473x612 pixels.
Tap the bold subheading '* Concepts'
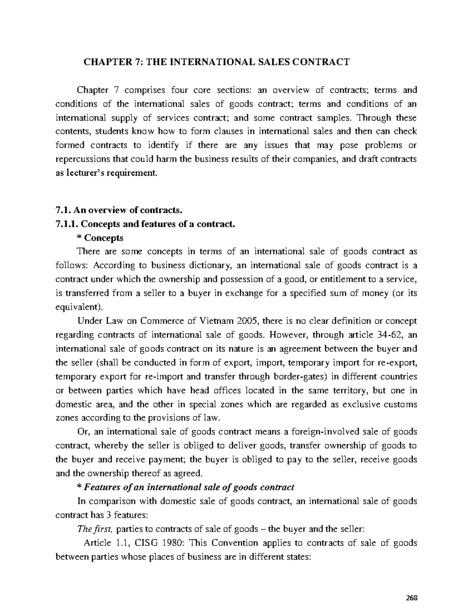tap(101, 238)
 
